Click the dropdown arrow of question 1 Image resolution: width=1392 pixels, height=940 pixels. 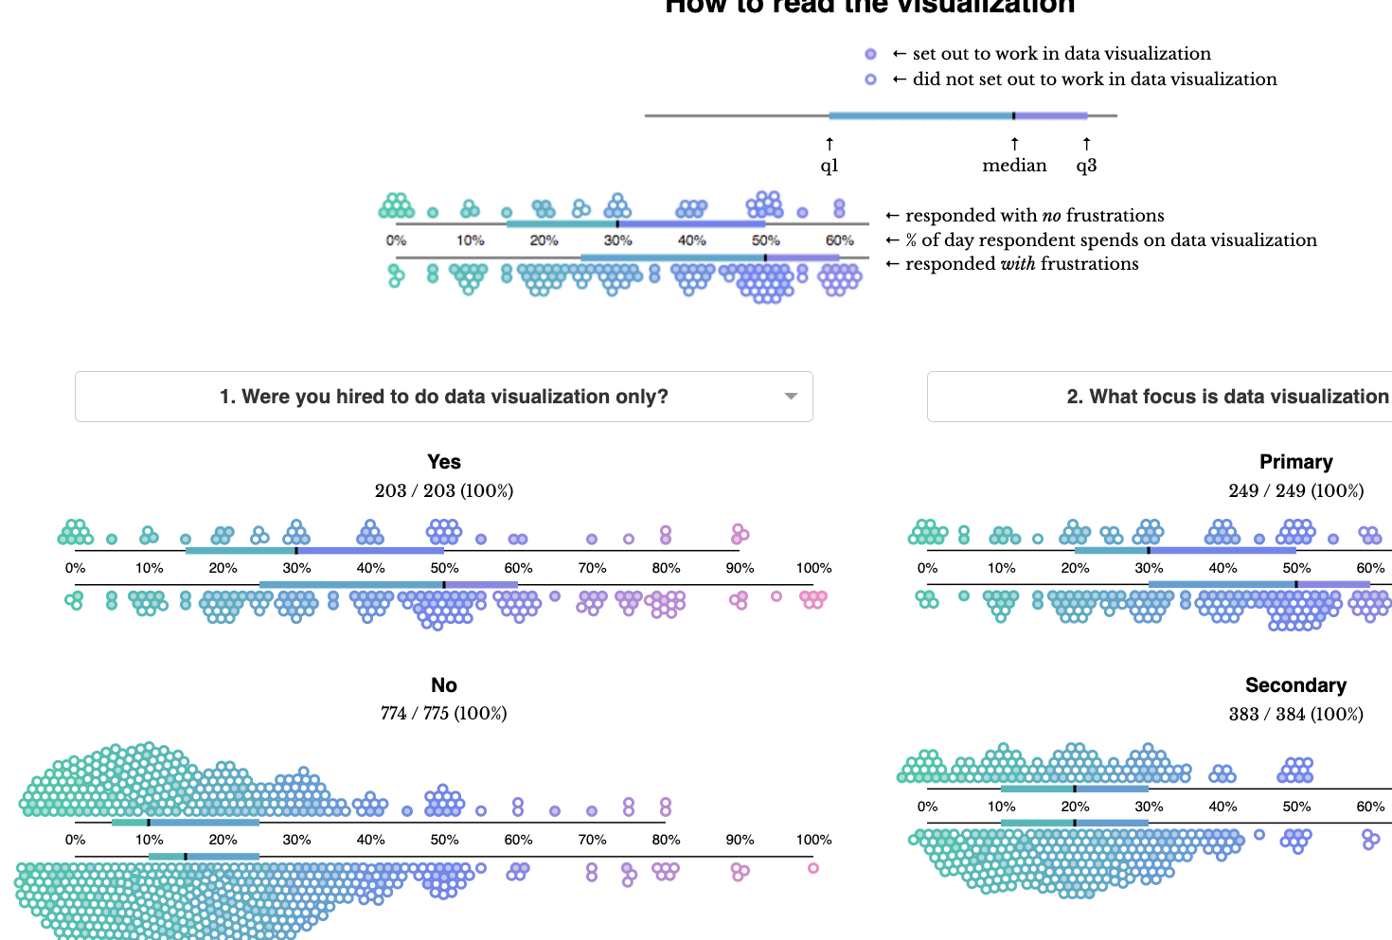(x=791, y=397)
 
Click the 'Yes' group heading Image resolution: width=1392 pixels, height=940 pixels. (x=443, y=462)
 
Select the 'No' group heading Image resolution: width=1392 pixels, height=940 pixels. (x=443, y=685)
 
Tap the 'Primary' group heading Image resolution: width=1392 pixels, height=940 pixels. (x=1295, y=462)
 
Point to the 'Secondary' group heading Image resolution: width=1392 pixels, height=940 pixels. (x=1295, y=685)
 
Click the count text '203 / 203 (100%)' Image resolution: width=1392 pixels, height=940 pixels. (x=443, y=490)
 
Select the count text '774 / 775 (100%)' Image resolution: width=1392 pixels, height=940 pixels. (x=443, y=713)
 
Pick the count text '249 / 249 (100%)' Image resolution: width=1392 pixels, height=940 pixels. (x=1295, y=490)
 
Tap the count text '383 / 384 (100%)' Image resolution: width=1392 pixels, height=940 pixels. (x=1295, y=714)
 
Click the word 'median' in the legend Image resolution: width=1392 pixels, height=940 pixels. (x=1014, y=166)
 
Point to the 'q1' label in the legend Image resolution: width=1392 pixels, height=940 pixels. (x=830, y=166)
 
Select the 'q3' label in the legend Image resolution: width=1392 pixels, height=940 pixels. (x=1086, y=166)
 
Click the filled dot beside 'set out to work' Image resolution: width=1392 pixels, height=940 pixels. (x=870, y=54)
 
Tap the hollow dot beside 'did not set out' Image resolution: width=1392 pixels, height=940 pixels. (x=870, y=80)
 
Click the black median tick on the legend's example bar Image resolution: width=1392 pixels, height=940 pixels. (x=1013, y=115)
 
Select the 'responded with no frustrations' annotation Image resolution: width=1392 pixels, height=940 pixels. (x=1034, y=216)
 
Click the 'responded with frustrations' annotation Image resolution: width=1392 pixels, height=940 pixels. (x=1022, y=264)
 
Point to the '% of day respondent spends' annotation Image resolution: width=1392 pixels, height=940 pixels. (x=1111, y=240)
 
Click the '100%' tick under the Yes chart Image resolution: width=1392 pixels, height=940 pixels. (x=813, y=568)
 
